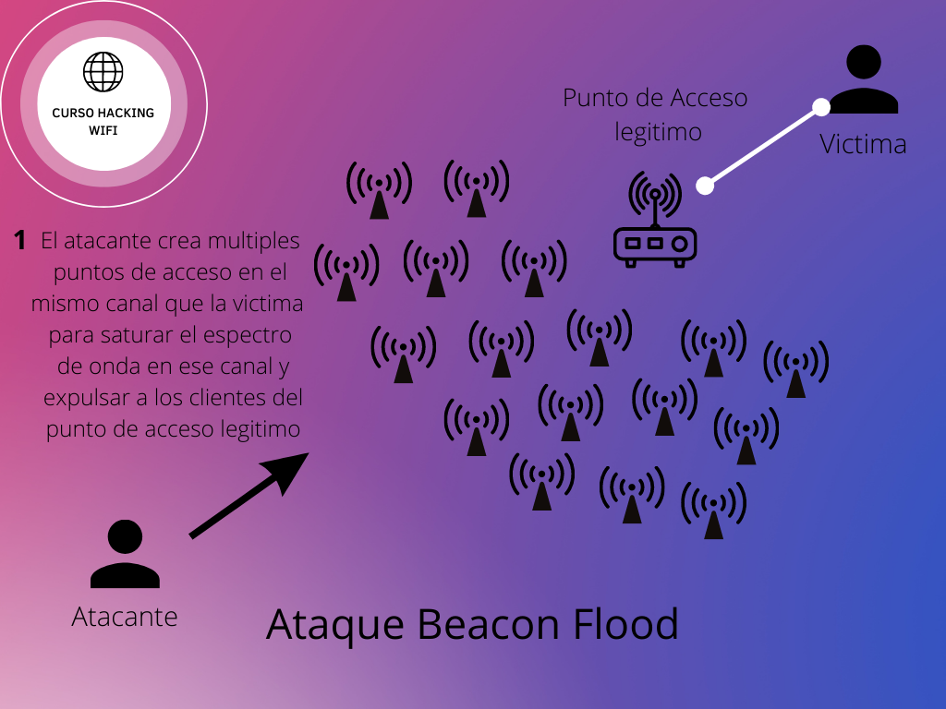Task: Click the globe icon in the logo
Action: pos(103,71)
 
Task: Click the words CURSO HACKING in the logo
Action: pos(103,113)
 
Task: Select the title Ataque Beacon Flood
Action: pos(472,625)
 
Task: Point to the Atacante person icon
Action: pos(125,554)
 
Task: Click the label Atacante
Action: pos(125,616)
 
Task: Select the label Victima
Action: pos(863,144)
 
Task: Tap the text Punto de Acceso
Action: pos(655,98)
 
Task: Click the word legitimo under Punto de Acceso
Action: pos(659,132)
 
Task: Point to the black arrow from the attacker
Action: pos(249,495)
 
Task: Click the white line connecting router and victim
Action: pos(763,146)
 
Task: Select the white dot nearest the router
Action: pos(705,186)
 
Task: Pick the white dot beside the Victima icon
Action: pos(821,106)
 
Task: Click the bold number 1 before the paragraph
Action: pos(19,241)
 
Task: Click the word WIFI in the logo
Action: pos(103,131)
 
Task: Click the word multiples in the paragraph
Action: pos(254,241)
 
